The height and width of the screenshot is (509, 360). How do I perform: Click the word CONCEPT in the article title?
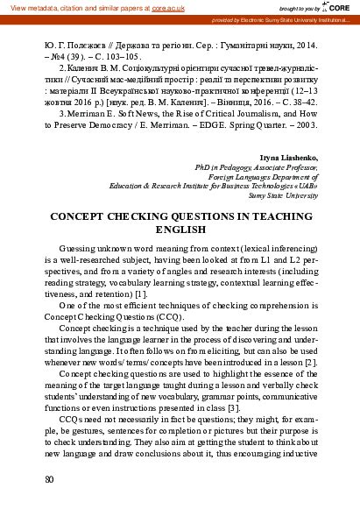[x=83, y=215]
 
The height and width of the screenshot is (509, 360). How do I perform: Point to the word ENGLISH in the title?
[x=180, y=229]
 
